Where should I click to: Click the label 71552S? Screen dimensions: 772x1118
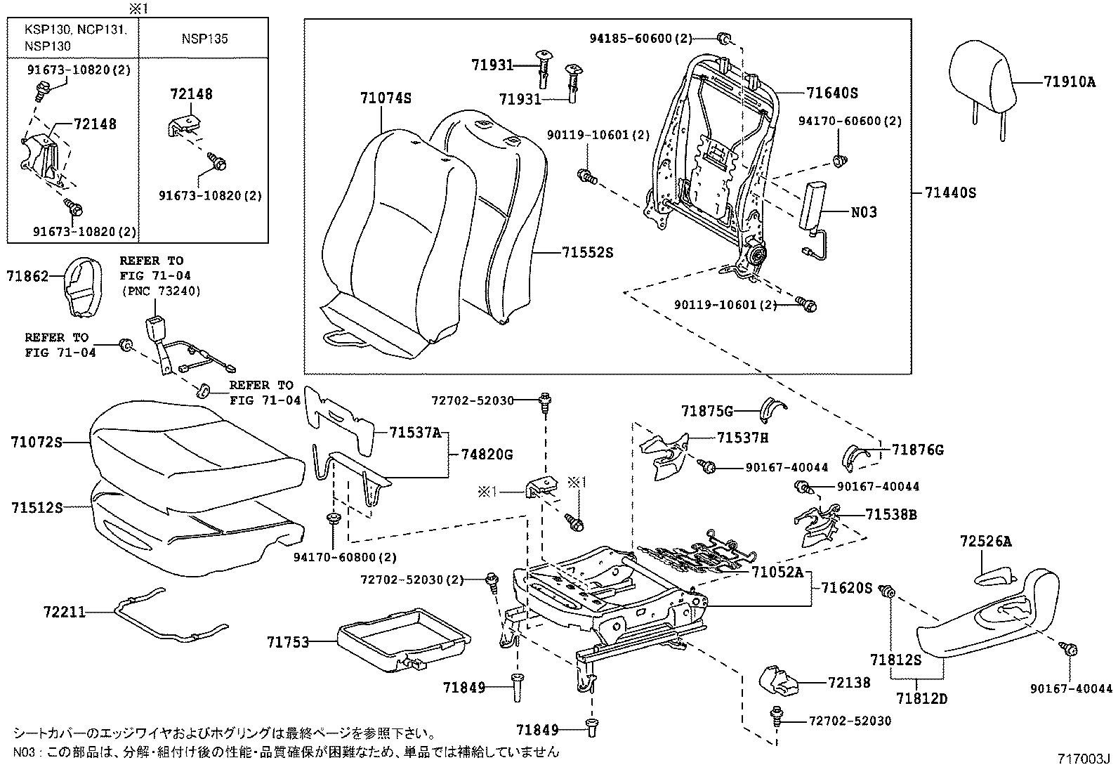[x=586, y=252]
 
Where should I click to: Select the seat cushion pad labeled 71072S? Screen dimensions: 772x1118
[x=197, y=443]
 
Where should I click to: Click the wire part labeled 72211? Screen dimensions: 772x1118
[x=169, y=622]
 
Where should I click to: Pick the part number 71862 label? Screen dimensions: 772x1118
[x=27, y=277]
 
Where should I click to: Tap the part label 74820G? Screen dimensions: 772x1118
[x=487, y=454]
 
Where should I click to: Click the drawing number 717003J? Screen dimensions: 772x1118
[x=1083, y=759]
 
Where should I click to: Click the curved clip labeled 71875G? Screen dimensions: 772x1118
[x=773, y=407]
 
